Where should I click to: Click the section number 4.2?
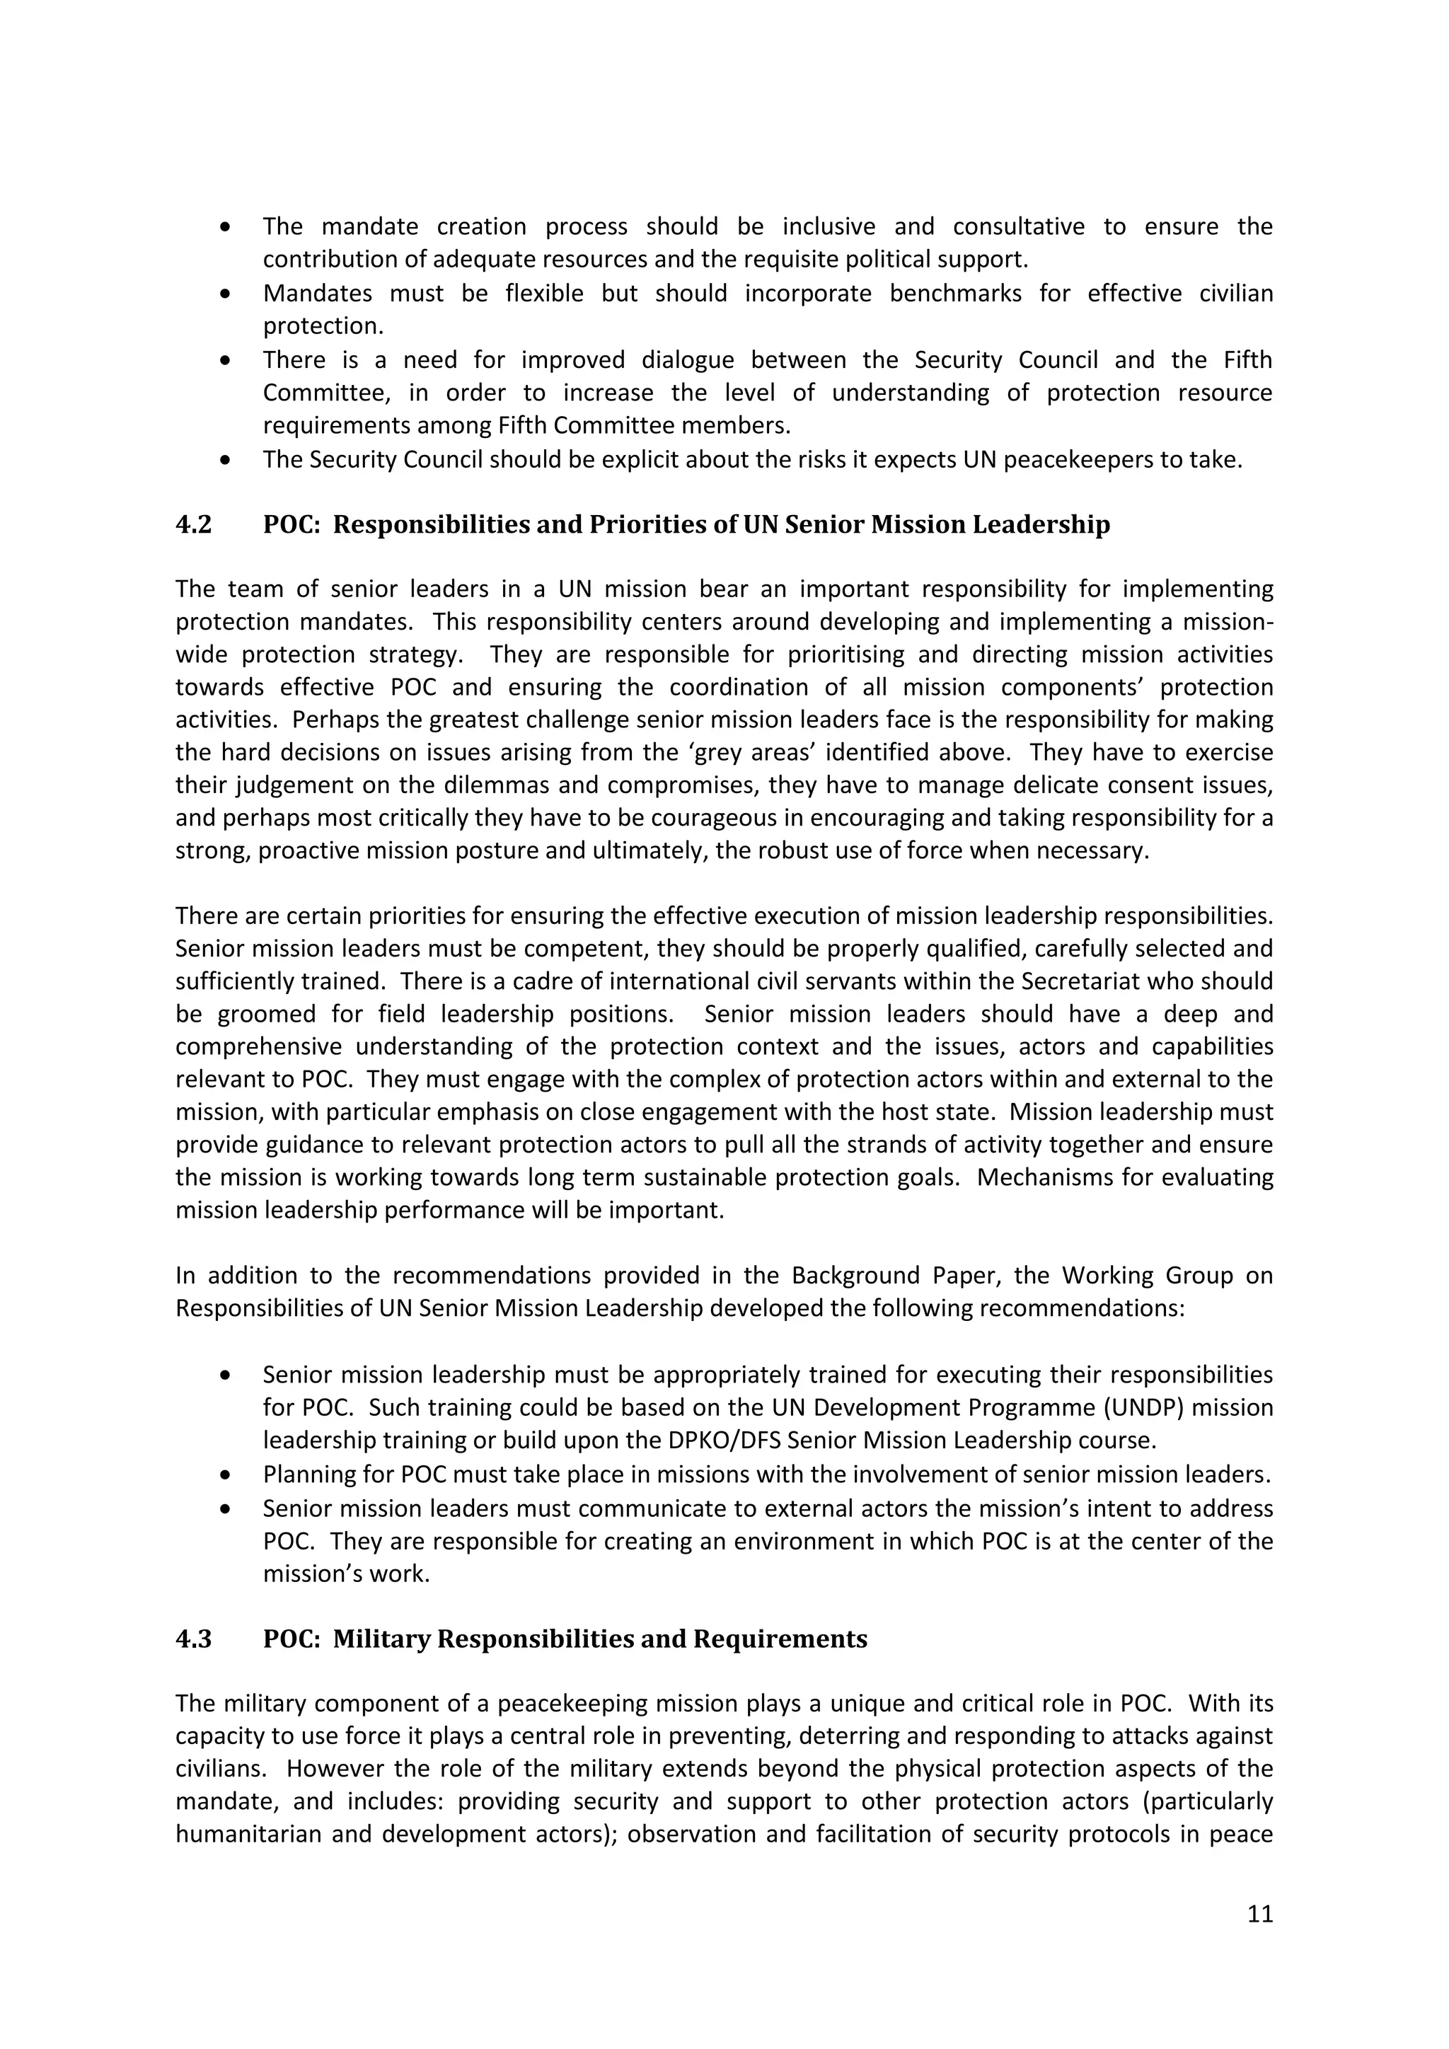pos(194,525)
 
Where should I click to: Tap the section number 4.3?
pos(194,1640)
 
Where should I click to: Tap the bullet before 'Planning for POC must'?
pos(226,1475)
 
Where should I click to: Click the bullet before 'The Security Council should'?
pos(226,461)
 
